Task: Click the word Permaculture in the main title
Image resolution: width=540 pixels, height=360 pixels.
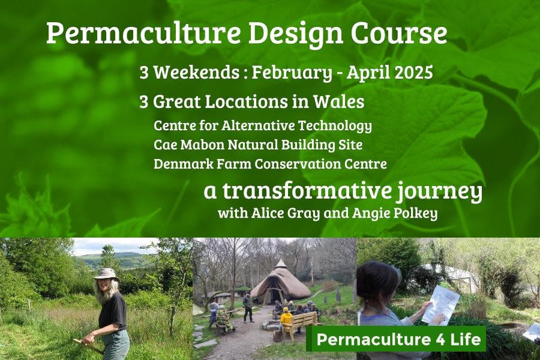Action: (x=143, y=34)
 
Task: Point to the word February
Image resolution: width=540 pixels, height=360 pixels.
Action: (x=292, y=74)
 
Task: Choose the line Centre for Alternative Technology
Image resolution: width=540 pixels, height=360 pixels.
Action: (x=263, y=126)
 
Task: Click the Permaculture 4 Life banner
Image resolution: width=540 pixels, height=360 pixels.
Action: (x=396, y=340)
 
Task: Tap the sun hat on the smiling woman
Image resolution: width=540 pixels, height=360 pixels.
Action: (x=106, y=275)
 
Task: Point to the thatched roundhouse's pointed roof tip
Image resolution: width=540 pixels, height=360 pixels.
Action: (x=281, y=260)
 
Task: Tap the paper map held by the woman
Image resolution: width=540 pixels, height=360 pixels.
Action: (x=440, y=305)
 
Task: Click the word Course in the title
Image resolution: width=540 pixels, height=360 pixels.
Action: (x=398, y=34)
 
